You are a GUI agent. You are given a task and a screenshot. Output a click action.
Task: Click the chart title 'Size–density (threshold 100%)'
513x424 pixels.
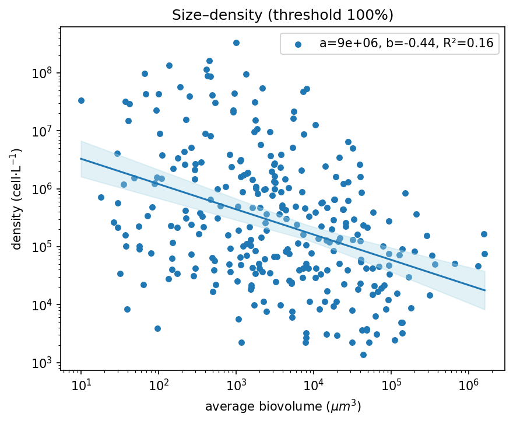(283, 15)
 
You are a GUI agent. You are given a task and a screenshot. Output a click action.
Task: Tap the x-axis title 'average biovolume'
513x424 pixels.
(283, 407)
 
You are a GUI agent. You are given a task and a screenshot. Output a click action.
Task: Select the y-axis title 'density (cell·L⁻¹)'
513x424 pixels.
(17, 199)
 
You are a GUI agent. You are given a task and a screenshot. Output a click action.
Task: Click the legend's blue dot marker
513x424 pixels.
(298, 43)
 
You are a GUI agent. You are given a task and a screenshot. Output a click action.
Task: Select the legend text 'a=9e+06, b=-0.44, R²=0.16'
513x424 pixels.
(406, 43)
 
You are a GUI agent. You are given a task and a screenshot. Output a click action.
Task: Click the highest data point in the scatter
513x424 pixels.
(236, 43)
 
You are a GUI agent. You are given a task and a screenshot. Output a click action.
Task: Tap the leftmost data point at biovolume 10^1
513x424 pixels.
(81, 100)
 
